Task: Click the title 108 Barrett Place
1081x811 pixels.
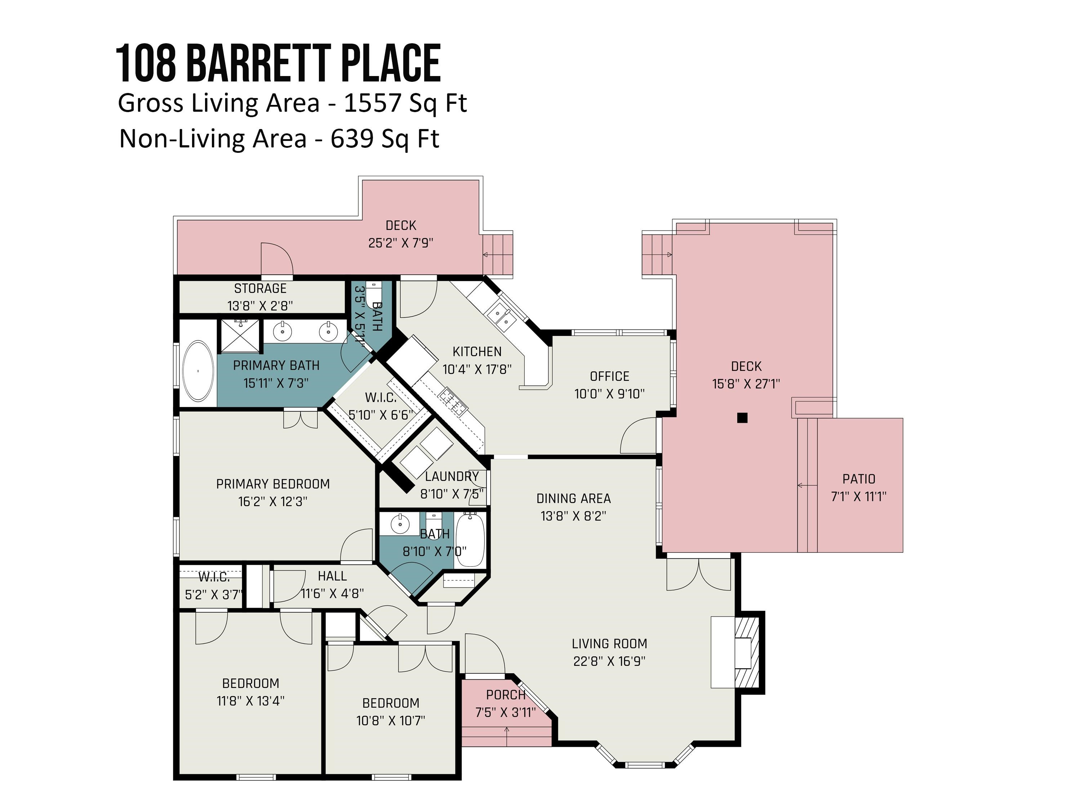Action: (x=278, y=63)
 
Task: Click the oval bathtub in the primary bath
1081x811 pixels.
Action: (x=198, y=371)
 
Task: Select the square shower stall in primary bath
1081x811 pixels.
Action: (x=240, y=335)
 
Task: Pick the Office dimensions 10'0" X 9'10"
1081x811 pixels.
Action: (x=609, y=394)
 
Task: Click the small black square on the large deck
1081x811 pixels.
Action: (x=742, y=417)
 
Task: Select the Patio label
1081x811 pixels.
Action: (x=859, y=479)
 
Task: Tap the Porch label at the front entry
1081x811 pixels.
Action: (x=505, y=695)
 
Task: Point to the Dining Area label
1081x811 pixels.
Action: (x=573, y=498)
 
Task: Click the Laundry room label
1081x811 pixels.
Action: (x=451, y=476)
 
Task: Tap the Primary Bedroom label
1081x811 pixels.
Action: (x=273, y=484)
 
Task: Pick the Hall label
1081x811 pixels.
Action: (x=332, y=576)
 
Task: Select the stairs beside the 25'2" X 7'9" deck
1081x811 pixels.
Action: (x=498, y=255)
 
